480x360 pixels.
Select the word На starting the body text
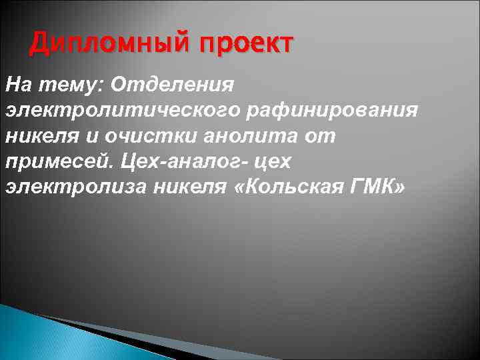pos(17,85)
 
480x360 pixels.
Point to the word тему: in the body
pos(65,85)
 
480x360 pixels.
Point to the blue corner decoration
pos(40,337)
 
